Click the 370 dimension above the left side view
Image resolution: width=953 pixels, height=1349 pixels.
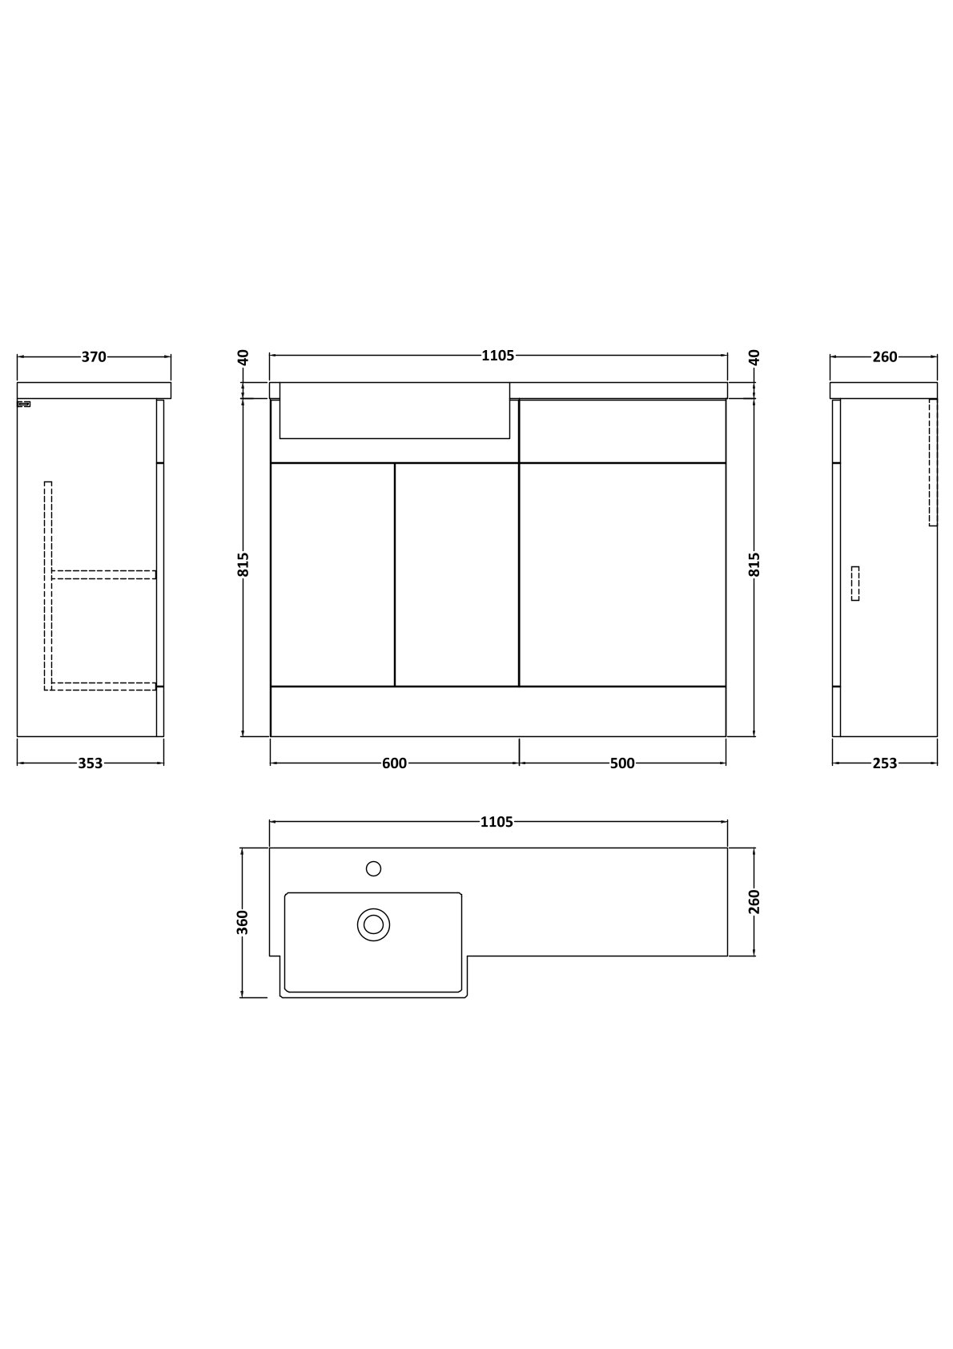pyautogui.click(x=94, y=357)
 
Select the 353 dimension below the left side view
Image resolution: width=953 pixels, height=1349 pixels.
pyautogui.click(x=90, y=763)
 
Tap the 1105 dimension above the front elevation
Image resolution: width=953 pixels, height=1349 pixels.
pyautogui.click(x=498, y=356)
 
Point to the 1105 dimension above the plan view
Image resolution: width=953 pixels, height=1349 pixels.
pyautogui.click(x=497, y=822)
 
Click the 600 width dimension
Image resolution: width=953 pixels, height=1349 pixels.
pyautogui.click(x=394, y=763)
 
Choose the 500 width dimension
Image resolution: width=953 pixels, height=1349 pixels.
pyautogui.click(x=622, y=763)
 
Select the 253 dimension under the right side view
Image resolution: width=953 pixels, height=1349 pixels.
pyautogui.click(x=885, y=763)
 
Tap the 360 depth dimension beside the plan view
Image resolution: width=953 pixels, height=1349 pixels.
pyautogui.click(x=242, y=923)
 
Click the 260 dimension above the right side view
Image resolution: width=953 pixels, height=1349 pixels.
pyautogui.click(x=885, y=357)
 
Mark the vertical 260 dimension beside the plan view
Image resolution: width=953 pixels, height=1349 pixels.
pyautogui.click(x=754, y=901)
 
